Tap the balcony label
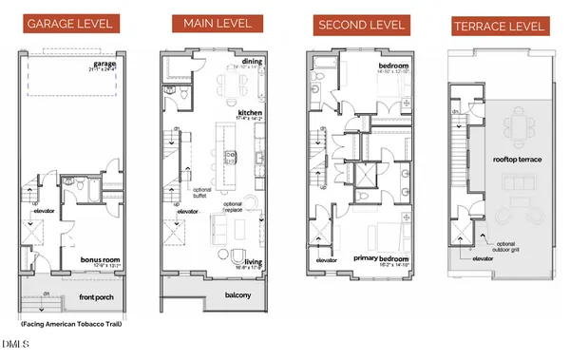(237, 296)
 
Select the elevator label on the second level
(327, 259)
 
